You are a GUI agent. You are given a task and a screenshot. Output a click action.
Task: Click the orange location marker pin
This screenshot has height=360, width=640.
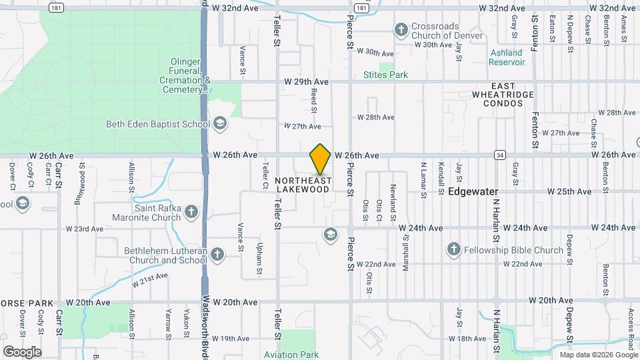(x=320, y=159)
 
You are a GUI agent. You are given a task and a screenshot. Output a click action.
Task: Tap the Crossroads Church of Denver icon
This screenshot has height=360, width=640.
(x=401, y=29)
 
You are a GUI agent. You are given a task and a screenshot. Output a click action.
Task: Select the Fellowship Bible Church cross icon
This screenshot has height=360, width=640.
(x=453, y=250)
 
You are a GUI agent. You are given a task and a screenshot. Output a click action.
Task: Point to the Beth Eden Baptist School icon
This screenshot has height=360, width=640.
(x=219, y=123)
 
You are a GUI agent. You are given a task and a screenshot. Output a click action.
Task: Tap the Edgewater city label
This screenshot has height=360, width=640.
(x=473, y=191)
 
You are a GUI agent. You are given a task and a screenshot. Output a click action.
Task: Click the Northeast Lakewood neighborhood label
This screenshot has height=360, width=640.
(x=303, y=185)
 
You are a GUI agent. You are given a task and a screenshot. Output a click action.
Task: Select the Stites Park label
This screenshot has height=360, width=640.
(x=385, y=75)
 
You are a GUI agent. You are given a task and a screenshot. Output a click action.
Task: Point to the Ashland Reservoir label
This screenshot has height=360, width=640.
(x=508, y=57)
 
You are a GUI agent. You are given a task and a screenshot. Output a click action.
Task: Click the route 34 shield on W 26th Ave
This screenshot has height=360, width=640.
(x=499, y=155)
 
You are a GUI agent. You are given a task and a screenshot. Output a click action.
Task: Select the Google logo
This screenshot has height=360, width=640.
(x=22, y=351)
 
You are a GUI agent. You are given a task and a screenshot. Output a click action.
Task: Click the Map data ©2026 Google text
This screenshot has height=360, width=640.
(x=595, y=354)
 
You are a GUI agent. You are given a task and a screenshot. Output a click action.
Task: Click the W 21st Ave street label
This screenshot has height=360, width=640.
(x=149, y=279)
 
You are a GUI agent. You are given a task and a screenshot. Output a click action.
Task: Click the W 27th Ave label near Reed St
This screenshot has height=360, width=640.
(x=302, y=126)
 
